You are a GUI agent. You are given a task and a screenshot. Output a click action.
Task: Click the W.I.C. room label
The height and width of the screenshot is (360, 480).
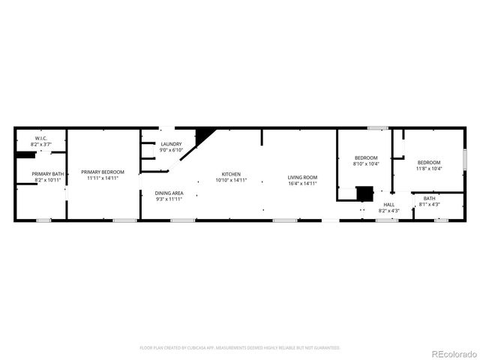point(41,139)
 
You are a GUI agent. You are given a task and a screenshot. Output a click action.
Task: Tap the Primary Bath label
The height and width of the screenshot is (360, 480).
point(48,174)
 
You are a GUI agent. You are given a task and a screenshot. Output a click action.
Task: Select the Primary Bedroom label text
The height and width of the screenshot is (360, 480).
point(103,172)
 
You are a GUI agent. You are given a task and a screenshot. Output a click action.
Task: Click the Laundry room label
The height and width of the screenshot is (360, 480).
point(171,144)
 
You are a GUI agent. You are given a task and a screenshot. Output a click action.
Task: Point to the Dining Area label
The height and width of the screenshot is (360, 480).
point(169,193)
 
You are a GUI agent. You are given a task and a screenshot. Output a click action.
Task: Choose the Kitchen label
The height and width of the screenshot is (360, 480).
point(231,174)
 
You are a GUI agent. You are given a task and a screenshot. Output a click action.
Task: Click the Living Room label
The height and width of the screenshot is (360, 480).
point(302,177)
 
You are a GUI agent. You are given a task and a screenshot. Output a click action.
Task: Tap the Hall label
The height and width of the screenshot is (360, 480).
point(389,204)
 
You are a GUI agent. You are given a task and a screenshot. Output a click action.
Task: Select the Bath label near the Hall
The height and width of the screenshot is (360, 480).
point(429,198)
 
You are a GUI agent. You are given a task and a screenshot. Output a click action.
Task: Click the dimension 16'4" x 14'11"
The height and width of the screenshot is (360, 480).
point(302,183)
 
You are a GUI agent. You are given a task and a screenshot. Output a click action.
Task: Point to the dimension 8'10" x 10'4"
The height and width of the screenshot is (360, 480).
point(367,163)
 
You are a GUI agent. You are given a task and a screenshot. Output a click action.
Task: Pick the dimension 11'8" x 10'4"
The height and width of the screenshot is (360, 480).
point(429,168)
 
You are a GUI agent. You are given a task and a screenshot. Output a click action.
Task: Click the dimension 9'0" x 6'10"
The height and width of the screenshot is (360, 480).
point(171,150)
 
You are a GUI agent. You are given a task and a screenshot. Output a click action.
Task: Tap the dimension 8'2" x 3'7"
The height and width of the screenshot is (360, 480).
point(41,144)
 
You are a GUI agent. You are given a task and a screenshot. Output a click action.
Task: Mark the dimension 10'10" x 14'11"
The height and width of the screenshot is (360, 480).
point(231,180)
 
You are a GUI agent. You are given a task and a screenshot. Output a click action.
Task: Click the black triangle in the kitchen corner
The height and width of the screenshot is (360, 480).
point(202,136)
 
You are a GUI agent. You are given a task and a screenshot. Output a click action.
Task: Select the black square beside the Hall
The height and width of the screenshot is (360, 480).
point(364,193)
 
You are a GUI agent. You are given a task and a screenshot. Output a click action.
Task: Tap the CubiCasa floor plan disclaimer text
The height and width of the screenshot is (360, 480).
point(240,347)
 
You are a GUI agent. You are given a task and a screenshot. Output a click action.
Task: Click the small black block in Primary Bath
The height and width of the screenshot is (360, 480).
point(26,155)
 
